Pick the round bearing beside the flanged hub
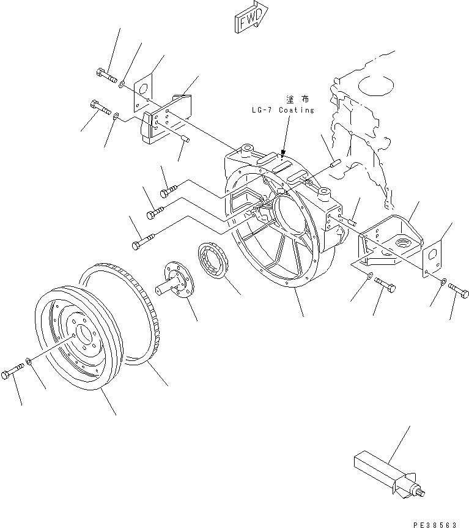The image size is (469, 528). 214,260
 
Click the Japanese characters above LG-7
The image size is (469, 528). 295,99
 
